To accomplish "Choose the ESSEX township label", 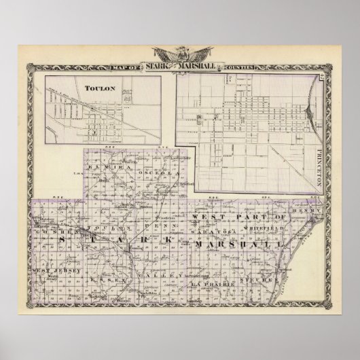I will pos(110,279).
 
